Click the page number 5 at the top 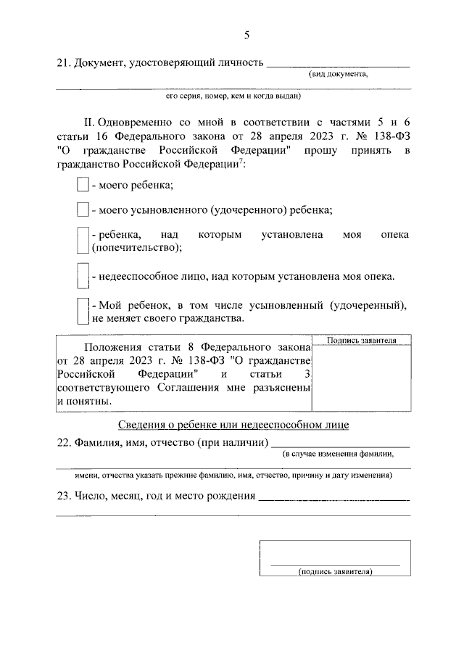pos(247,34)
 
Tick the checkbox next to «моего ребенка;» pos(83,185)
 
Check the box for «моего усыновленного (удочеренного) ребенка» pos(83,210)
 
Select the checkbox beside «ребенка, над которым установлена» pos(83,241)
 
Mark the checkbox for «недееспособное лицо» pos(83,276)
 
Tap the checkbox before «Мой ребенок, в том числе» pos(83,311)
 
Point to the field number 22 pos(62,442)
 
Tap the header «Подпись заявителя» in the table pos(360,340)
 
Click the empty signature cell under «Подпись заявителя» pos(360,377)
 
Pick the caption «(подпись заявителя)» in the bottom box pos(335,571)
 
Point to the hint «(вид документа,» pos(339,74)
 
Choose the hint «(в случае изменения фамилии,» pos(338,454)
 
